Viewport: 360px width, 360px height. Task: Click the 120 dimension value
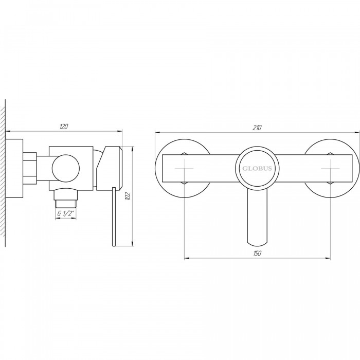tap(64, 127)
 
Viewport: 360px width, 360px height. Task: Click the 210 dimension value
tap(257, 128)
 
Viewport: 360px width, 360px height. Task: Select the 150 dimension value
tap(257, 254)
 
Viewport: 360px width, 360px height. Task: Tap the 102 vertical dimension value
tap(128, 196)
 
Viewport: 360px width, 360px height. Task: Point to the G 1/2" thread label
tap(66, 213)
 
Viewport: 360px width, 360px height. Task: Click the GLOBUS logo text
tap(257, 168)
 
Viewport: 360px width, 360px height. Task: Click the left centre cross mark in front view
tap(184, 168)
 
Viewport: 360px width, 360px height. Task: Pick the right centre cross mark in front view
tap(330, 168)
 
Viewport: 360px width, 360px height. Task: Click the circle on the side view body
tap(66, 169)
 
